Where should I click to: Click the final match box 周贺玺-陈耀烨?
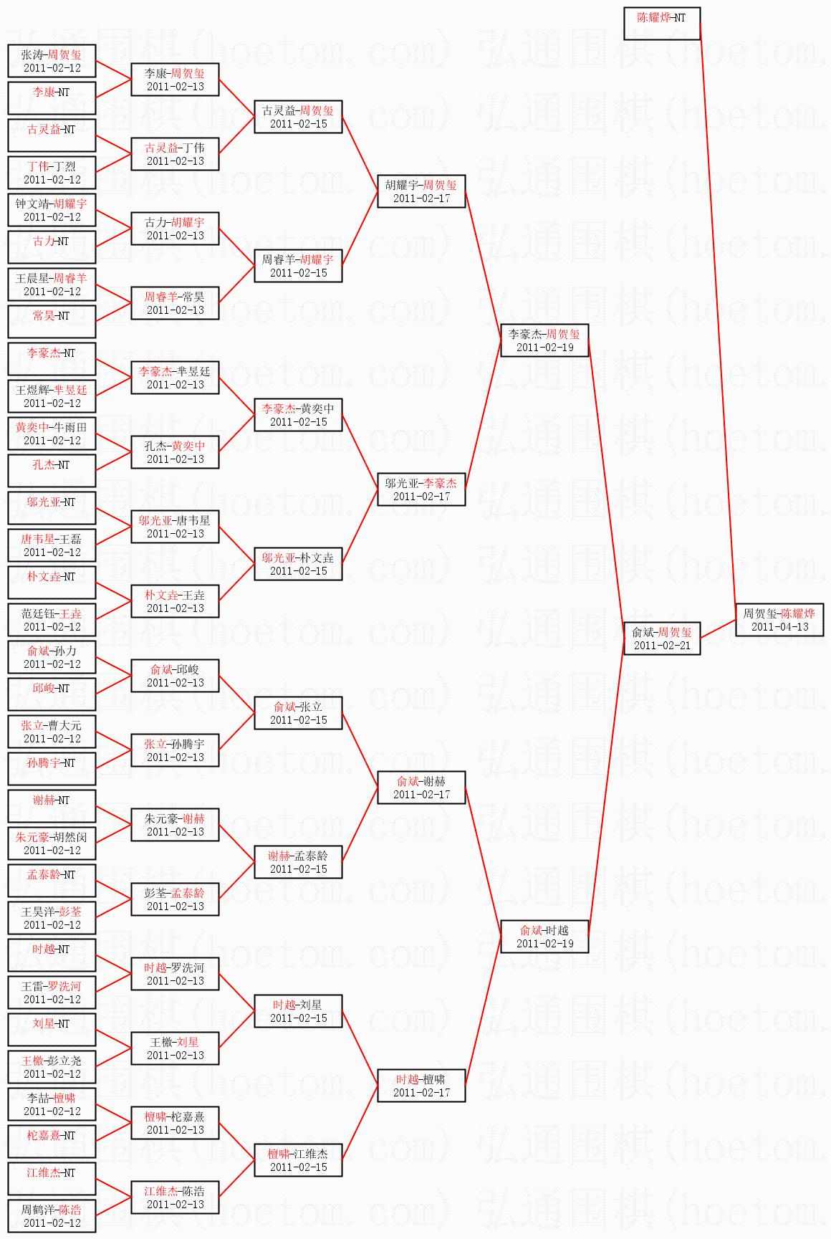click(x=779, y=620)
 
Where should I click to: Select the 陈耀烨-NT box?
click(x=662, y=24)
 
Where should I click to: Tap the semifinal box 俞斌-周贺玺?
click(x=662, y=638)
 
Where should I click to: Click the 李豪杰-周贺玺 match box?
click(x=544, y=340)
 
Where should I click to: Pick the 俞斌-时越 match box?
click(x=544, y=937)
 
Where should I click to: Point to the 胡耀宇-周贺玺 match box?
click(x=421, y=191)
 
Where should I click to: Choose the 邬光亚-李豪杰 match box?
click(x=421, y=489)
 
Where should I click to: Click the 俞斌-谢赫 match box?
click(x=421, y=788)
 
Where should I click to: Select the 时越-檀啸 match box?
click(x=421, y=1086)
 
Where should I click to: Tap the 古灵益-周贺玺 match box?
click(x=298, y=117)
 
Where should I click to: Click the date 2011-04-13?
click(x=779, y=627)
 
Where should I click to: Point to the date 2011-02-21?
click(x=662, y=646)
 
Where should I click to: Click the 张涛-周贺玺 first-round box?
click(x=52, y=61)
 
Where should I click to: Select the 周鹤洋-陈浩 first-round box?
click(x=52, y=1216)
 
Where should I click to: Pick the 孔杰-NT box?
click(x=52, y=471)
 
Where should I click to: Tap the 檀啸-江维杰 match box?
click(x=298, y=1160)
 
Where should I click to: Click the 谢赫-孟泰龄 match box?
click(x=298, y=862)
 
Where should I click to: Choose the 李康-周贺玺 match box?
click(x=175, y=80)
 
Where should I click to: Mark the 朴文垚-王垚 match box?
click(x=175, y=601)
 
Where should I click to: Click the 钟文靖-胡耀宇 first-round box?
click(x=52, y=210)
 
